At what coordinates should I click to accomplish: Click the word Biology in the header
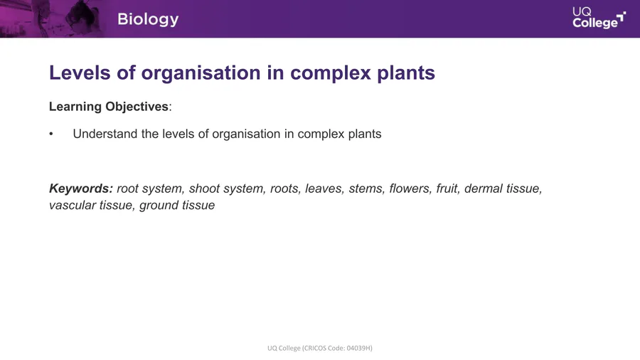tap(148, 20)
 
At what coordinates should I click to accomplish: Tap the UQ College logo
tap(599, 18)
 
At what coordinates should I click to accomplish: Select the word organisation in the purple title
tap(201, 73)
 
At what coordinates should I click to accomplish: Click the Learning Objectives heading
tap(109, 107)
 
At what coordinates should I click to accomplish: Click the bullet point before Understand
tap(51, 134)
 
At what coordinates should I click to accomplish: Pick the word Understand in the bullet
tap(105, 134)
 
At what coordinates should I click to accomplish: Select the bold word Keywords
tap(81, 189)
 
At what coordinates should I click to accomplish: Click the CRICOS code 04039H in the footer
tap(359, 348)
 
